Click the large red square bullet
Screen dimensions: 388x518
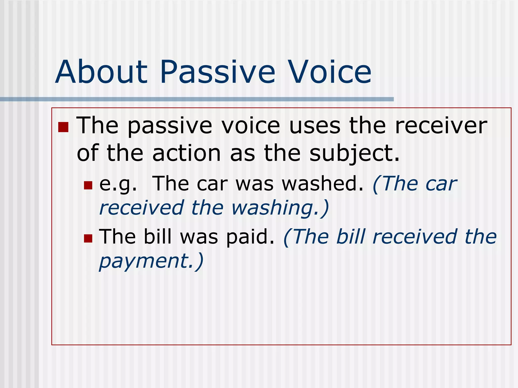pos(63,127)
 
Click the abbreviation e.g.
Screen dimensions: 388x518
pos(118,184)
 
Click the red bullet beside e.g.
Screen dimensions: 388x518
pos(88,185)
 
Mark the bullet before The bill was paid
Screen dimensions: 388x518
pos(88,238)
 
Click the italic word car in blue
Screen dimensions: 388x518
pos(441,184)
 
